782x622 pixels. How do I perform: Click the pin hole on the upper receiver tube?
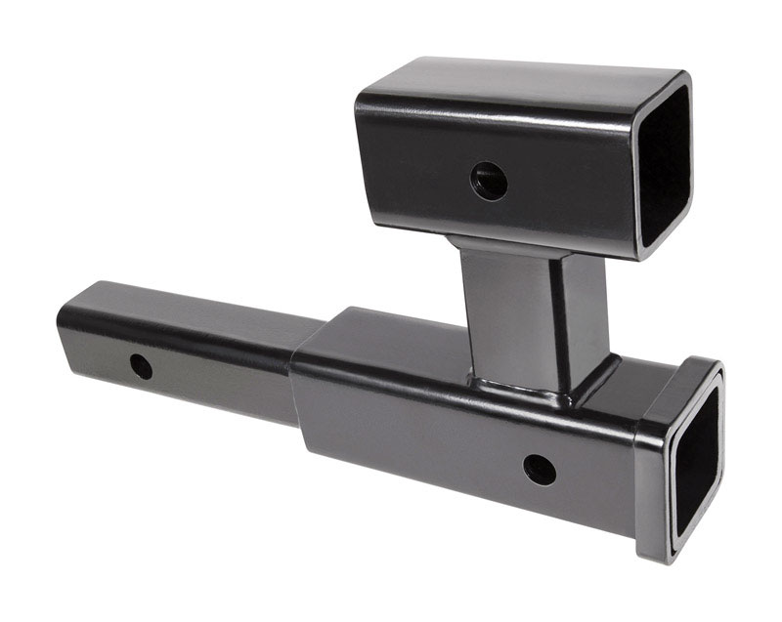point(488,180)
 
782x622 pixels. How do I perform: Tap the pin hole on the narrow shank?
point(141,367)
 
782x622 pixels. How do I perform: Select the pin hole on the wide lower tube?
point(539,470)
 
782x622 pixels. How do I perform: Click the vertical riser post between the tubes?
point(508,312)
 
